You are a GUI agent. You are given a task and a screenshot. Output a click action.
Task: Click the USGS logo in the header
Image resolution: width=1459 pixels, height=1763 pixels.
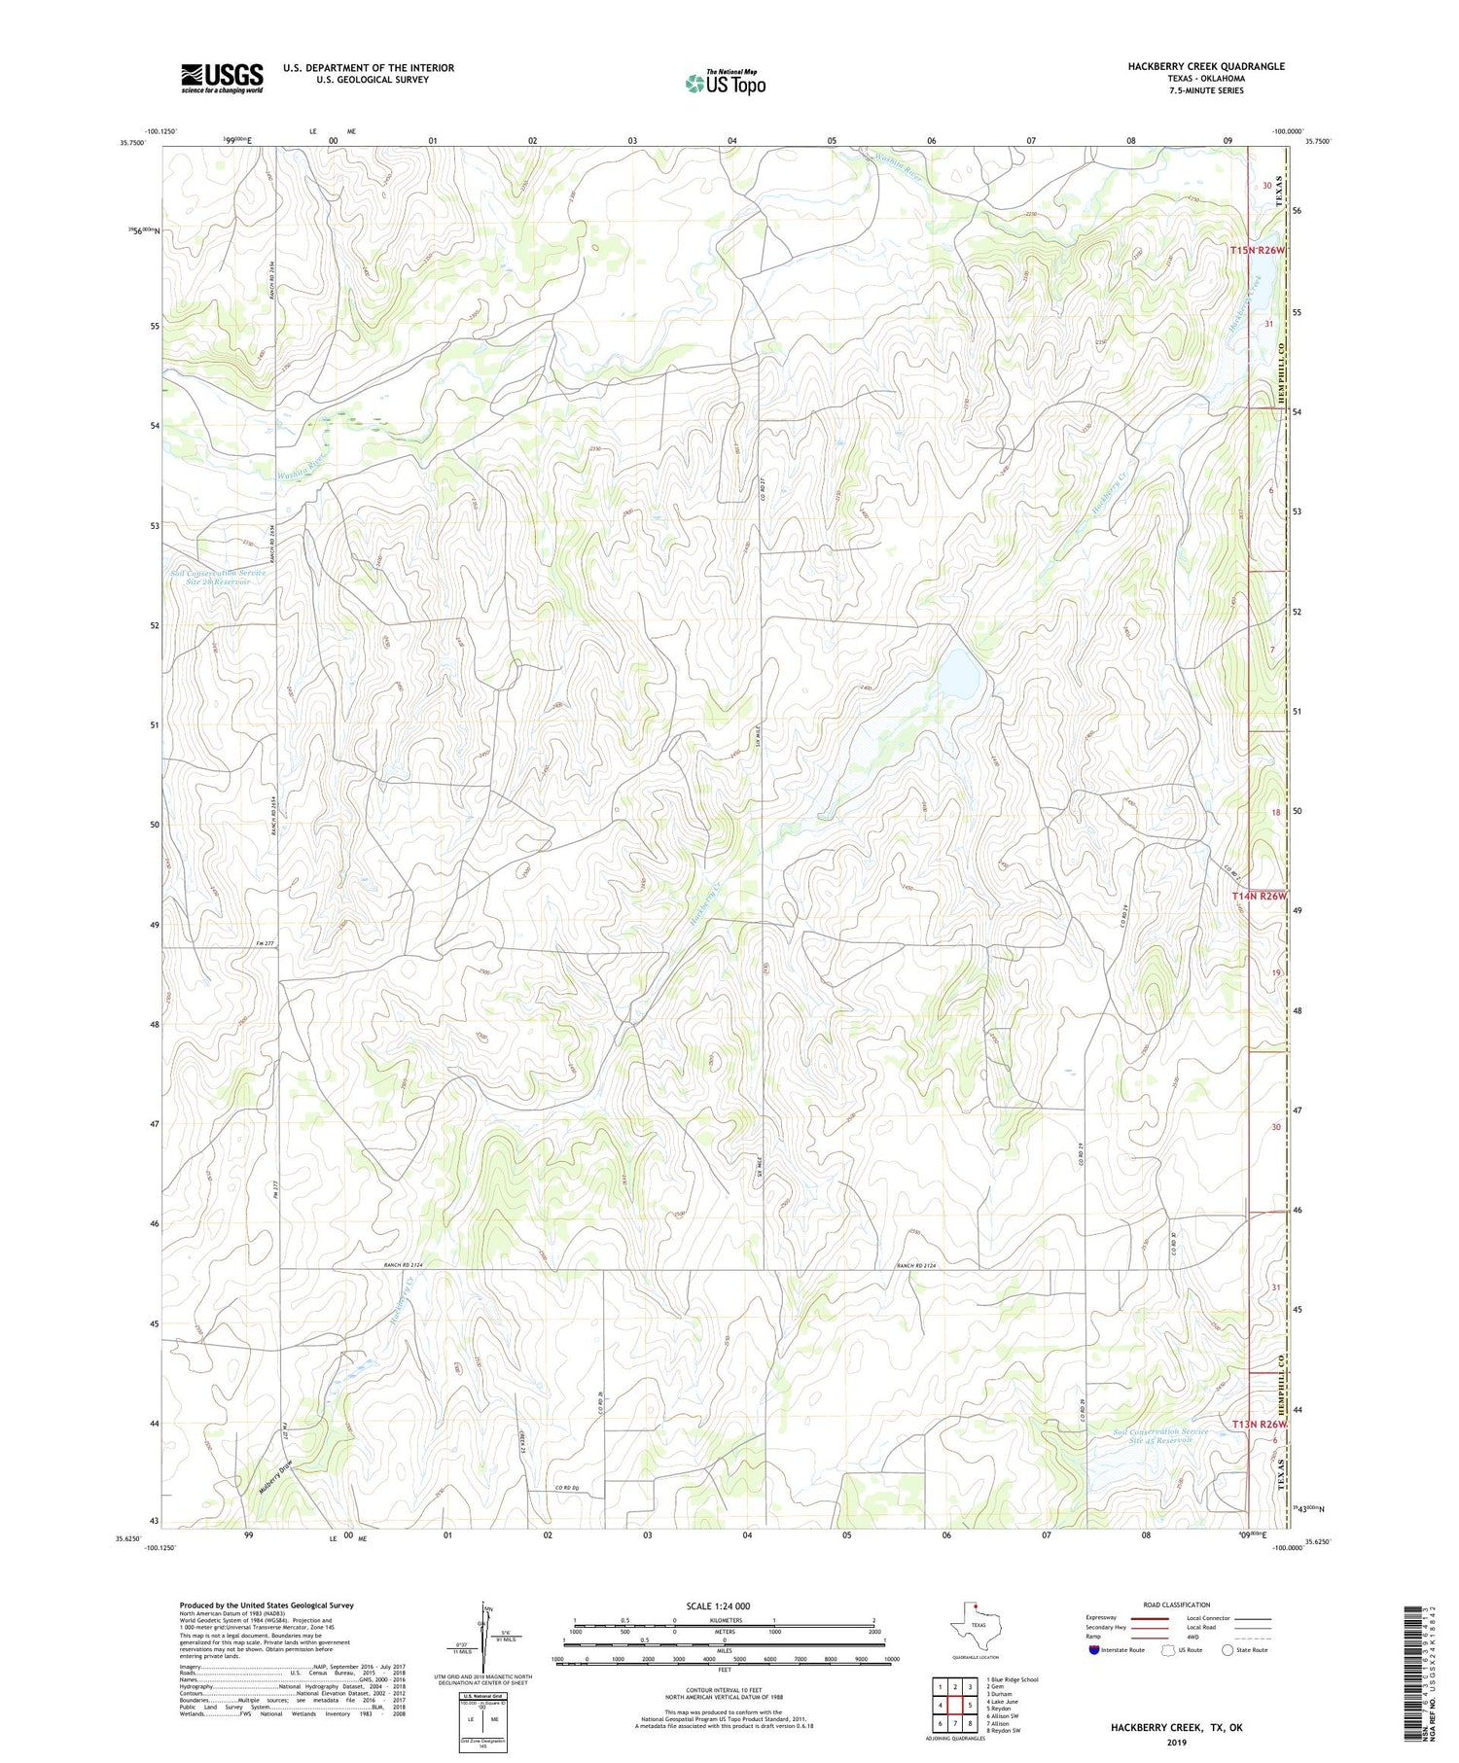point(222,78)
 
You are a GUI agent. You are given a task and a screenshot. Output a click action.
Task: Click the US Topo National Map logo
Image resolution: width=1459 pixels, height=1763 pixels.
point(725,83)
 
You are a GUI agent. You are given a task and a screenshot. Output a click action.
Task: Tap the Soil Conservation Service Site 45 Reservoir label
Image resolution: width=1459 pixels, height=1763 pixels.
point(1159,1435)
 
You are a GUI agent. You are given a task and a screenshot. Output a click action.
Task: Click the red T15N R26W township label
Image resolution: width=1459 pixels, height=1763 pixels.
point(1257,250)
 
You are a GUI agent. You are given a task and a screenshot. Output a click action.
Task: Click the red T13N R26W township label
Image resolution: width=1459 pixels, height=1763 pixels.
point(1259,1424)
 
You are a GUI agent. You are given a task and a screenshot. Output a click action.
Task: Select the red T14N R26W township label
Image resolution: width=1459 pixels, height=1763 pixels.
point(1259,896)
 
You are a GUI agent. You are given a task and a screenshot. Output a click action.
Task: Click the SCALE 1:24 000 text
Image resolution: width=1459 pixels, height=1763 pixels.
point(718,1605)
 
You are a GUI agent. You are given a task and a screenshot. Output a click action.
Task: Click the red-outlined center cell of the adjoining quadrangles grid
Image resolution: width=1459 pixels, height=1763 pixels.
point(955,1705)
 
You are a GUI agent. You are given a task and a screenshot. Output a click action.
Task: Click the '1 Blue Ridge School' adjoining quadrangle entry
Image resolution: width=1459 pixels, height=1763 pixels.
point(1012,1679)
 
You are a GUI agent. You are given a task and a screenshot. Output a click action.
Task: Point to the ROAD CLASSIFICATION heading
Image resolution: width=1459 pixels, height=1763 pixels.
point(1177,1604)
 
